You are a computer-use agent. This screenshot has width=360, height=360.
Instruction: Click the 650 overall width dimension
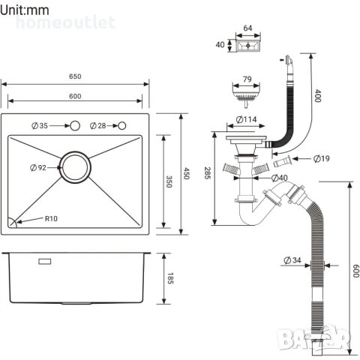(76, 76)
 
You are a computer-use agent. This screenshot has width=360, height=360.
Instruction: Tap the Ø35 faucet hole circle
(73, 125)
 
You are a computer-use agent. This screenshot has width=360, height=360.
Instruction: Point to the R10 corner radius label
(51, 219)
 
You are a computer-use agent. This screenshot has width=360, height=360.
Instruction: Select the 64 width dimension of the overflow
(247, 29)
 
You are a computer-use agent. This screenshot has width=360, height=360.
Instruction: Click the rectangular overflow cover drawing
(247, 46)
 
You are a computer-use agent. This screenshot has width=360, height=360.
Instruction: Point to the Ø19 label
(317, 158)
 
